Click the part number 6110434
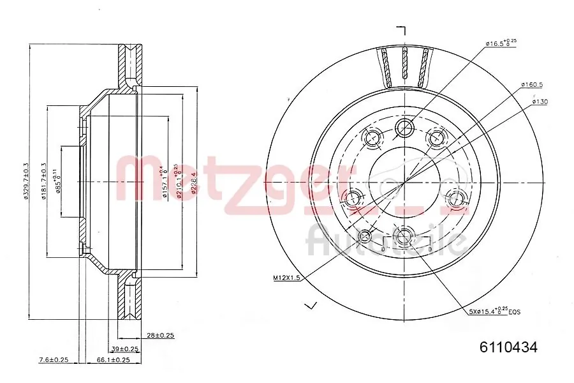tap(508, 348)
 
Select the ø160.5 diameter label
tap(531, 84)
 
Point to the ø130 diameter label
tap(539, 101)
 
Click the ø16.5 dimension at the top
tap(501, 43)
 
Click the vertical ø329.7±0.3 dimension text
tap(27, 181)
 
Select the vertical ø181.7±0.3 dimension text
tap(43, 181)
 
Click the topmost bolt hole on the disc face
tap(404, 128)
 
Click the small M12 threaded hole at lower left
tap(366, 237)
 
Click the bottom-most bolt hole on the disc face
tap(404, 237)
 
